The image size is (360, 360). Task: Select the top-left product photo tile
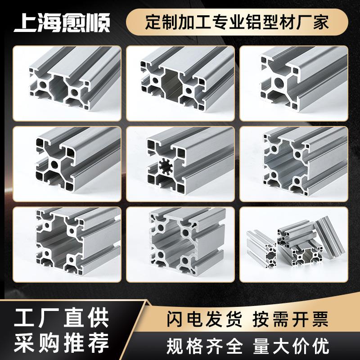point(67,83)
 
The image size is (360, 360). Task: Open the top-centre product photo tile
point(180,83)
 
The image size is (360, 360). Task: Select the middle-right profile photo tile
point(293,164)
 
